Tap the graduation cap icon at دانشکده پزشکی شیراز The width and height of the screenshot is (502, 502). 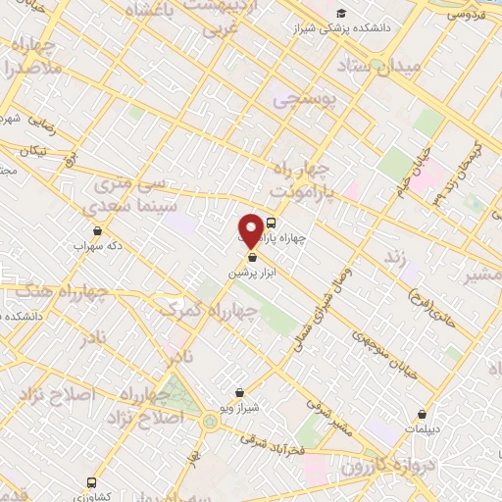[x=341, y=13]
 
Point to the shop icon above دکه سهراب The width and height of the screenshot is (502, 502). [x=96, y=230]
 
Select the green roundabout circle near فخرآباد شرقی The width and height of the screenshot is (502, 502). [x=210, y=422]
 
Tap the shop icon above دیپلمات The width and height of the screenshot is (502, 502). [x=423, y=414]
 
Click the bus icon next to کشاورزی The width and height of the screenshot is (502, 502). [x=90, y=482]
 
